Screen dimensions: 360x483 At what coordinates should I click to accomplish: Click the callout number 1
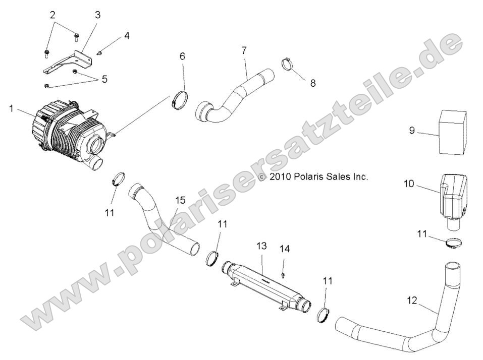(11, 108)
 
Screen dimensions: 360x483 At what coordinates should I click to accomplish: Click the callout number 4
(127, 36)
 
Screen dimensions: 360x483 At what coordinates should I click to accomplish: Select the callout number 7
(244, 50)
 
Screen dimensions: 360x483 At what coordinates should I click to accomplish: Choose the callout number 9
(412, 131)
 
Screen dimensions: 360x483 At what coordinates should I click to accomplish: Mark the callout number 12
(412, 301)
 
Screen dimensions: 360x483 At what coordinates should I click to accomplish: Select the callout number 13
(261, 246)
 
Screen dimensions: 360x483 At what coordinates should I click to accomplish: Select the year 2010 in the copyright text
(279, 177)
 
